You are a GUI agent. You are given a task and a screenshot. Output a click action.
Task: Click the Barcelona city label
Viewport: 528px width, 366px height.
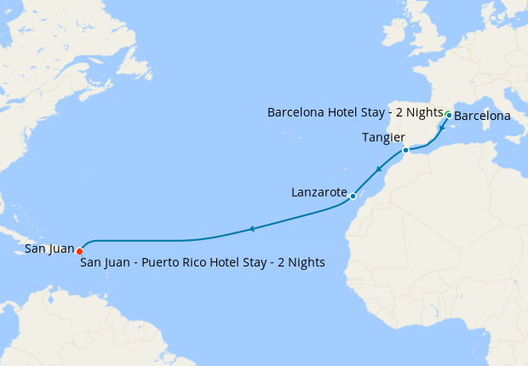[x=482, y=116]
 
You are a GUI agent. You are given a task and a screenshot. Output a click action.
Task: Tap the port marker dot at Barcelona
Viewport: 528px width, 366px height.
[x=449, y=113]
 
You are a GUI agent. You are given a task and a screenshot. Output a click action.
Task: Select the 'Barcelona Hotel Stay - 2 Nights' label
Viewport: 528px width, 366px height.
[x=355, y=112]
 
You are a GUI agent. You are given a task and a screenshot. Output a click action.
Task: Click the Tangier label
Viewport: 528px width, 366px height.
[x=382, y=137]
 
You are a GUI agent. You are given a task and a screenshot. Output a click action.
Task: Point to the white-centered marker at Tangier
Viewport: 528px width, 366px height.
[x=406, y=150]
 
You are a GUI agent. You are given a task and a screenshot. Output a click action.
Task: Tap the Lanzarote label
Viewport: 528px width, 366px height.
[x=319, y=193]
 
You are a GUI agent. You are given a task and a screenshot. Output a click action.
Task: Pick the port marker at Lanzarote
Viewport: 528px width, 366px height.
[x=353, y=197]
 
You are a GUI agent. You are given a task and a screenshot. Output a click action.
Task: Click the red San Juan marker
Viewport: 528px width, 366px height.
[x=79, y=251]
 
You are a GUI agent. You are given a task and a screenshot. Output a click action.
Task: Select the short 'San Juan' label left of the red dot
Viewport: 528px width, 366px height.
[x=49, y=249]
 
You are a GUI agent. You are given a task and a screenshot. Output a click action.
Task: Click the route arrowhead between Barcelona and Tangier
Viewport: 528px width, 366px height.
[x=442, y=129]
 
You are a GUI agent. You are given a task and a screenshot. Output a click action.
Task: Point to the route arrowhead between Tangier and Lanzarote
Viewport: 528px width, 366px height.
[x=377, y=170]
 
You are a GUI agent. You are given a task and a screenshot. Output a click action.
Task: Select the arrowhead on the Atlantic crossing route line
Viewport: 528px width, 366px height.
[x=250, y=228]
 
